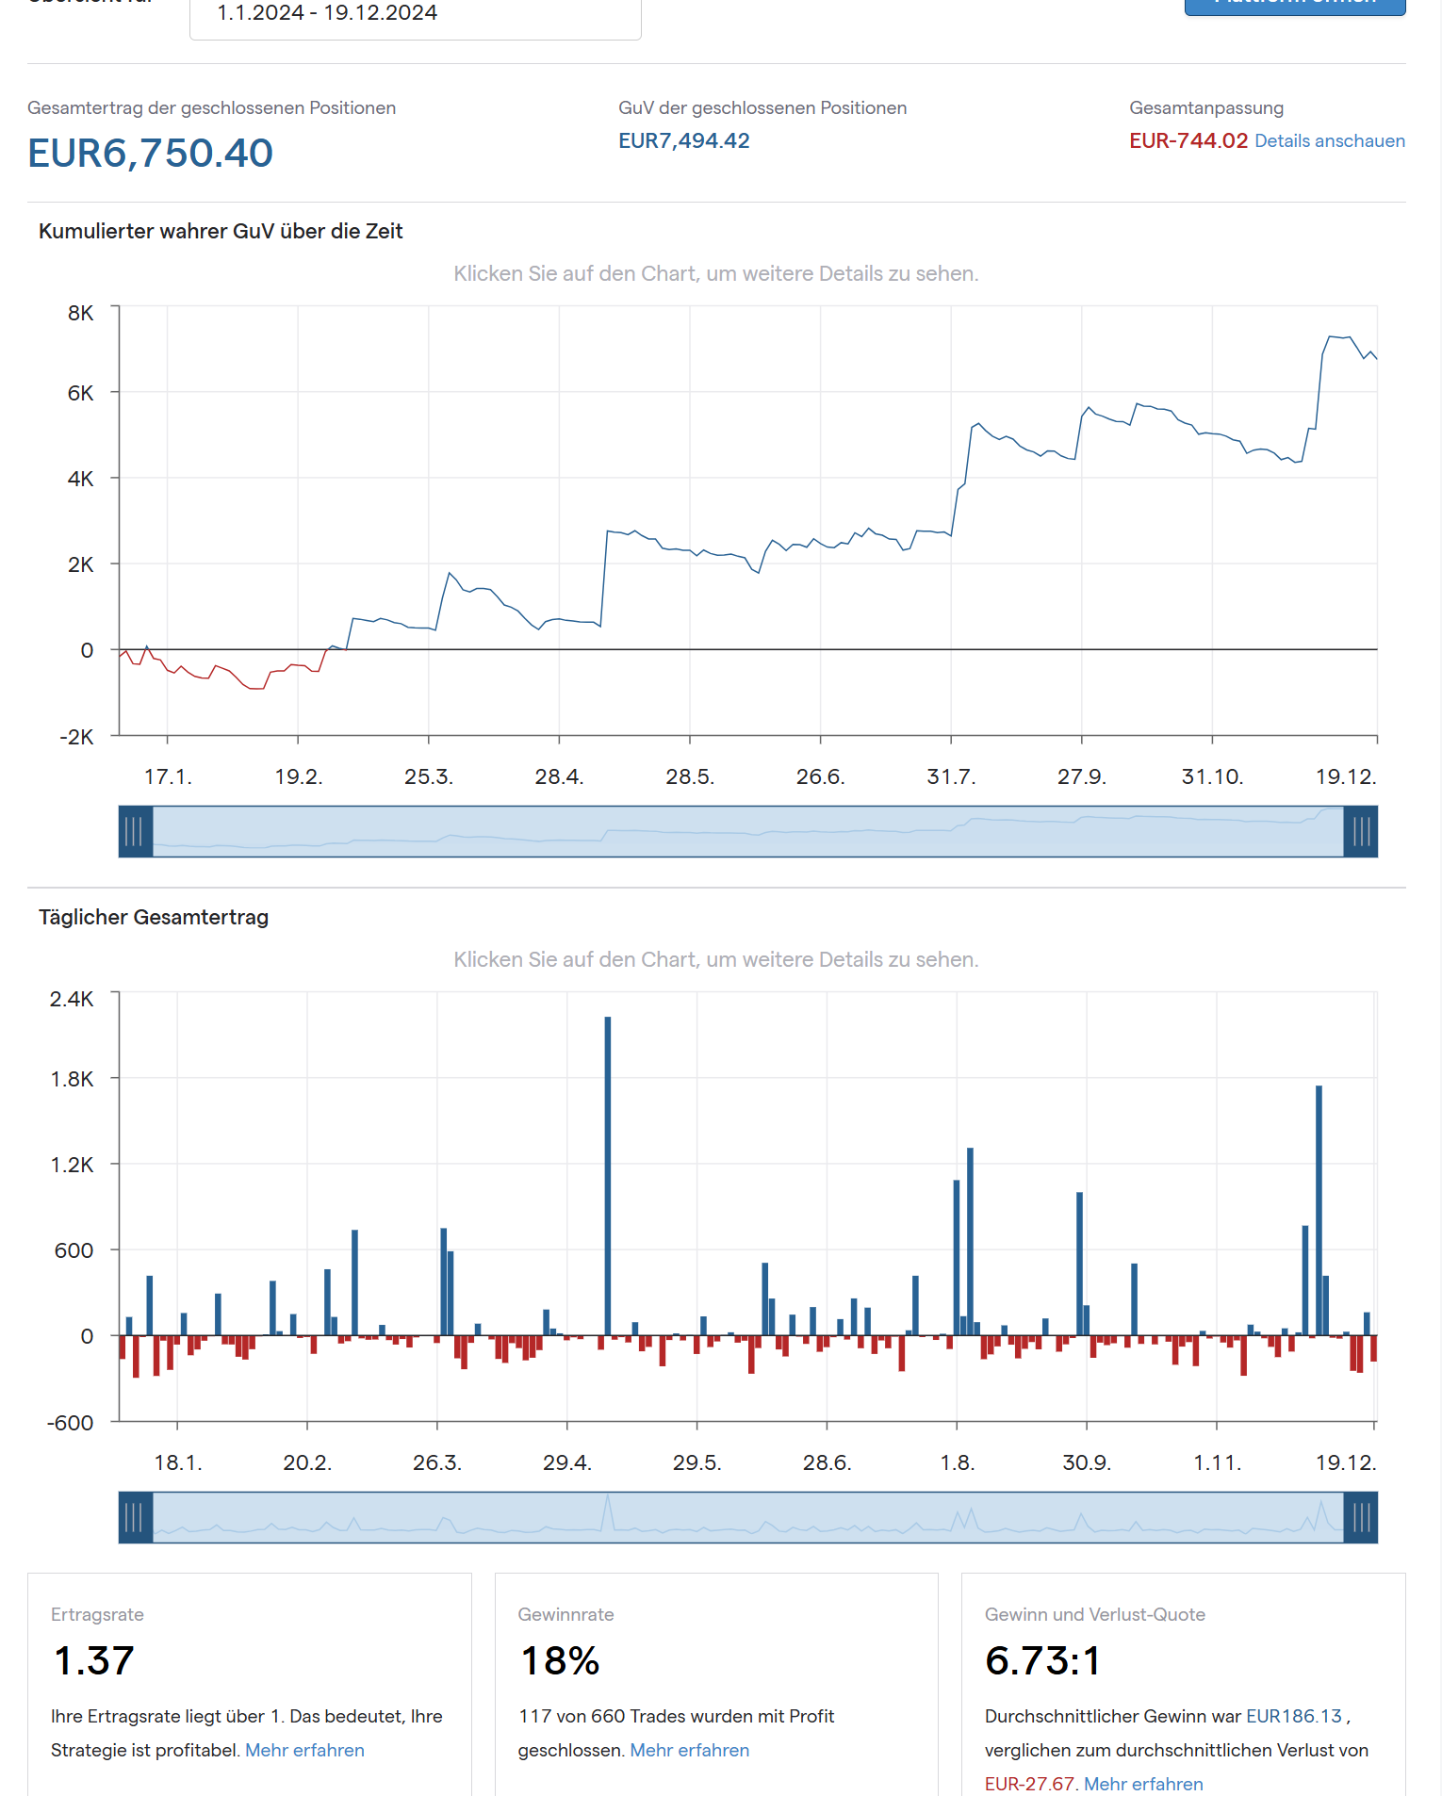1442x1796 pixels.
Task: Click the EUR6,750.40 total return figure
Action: [x=150, y=153]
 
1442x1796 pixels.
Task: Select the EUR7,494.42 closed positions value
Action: [x=683, y=140]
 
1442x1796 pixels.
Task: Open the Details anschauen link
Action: [x=1329, y=140]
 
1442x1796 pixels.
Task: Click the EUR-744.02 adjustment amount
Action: [x=1188, y=140]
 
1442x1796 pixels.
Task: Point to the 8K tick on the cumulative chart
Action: [x=81, y=313]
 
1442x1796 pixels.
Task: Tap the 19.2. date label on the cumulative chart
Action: [x=299, y=776]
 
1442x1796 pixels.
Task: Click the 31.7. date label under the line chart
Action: [x=951, y=776]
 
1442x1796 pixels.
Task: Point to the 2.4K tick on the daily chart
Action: [x=72, y=999]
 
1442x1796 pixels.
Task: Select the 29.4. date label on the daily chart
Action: [x=566, y=1462]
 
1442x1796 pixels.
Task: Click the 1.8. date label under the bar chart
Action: [x=957, y=1462]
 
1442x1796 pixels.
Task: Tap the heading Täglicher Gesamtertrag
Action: [x=154, y=917]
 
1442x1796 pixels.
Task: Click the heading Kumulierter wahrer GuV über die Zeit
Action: [x=221, y=231]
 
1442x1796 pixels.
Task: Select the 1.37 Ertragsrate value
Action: [x=94, y=1660]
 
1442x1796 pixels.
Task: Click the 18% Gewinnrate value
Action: [x=560, y=1660]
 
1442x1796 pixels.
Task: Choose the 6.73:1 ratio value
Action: [x=1042, y=1660]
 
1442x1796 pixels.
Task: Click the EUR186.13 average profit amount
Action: [x=1293, y=1716]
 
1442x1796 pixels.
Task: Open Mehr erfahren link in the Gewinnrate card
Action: [x=689, y=1750]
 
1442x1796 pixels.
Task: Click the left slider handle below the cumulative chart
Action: [x=135, y=831]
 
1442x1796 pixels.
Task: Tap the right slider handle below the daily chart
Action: [x=1361, y=1517]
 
